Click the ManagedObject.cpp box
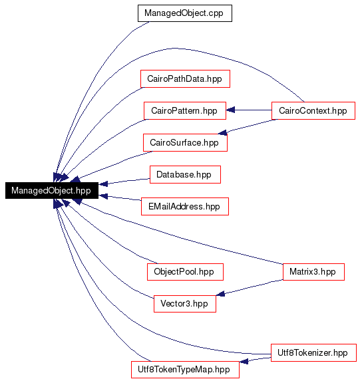(x=185, y=13)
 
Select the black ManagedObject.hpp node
(x=52, y=190)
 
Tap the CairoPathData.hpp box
(x=185, y=78)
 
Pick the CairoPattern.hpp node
(x=185, y=110)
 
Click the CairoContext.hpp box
(x=313, y=110)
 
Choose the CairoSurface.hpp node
(x=185, y=142)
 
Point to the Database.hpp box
(x=185, y=174)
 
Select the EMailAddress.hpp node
(x=185, y=206)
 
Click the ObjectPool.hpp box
(x=185, y=272)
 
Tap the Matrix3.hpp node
(x=313, y=272)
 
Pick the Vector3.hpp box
(x=185, y=304)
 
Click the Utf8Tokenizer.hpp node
(x=313, y=352)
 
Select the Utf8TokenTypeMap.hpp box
(x=185, y=369)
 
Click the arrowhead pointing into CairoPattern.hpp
(x=230, y=110)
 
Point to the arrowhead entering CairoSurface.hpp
(x=222, y=132)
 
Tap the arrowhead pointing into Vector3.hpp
(x=220, y=294)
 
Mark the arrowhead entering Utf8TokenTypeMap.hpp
(x=244, y=361)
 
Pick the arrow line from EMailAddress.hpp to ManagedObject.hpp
(x=120, y=197)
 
